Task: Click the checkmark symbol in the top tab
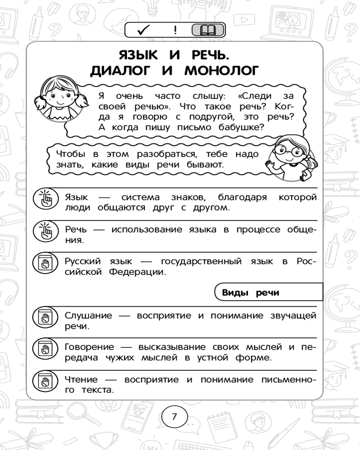click(144, 31)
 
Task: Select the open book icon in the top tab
click(207, 31)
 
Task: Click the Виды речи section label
click(251, 292)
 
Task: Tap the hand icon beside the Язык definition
click(46, 198)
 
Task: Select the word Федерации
click(138, 272)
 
